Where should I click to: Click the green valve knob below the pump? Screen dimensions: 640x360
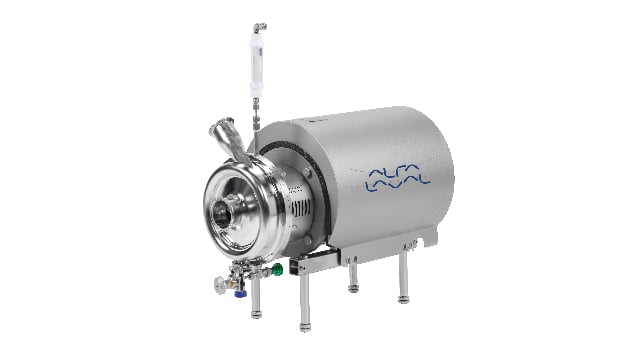(277, 269)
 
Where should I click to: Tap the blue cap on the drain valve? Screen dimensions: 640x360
(240, 293)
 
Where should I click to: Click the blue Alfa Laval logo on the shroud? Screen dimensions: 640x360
(397, 178)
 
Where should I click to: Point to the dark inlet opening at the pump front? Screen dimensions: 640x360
(221, 214)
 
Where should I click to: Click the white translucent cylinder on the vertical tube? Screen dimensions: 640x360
(256, 64)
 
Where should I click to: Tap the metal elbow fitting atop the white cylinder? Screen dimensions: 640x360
(260, 28)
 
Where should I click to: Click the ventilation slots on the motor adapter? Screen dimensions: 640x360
(301, 209)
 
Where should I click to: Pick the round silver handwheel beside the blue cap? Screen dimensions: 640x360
(220, 284)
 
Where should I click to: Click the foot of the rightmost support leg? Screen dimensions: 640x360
(403, 300)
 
